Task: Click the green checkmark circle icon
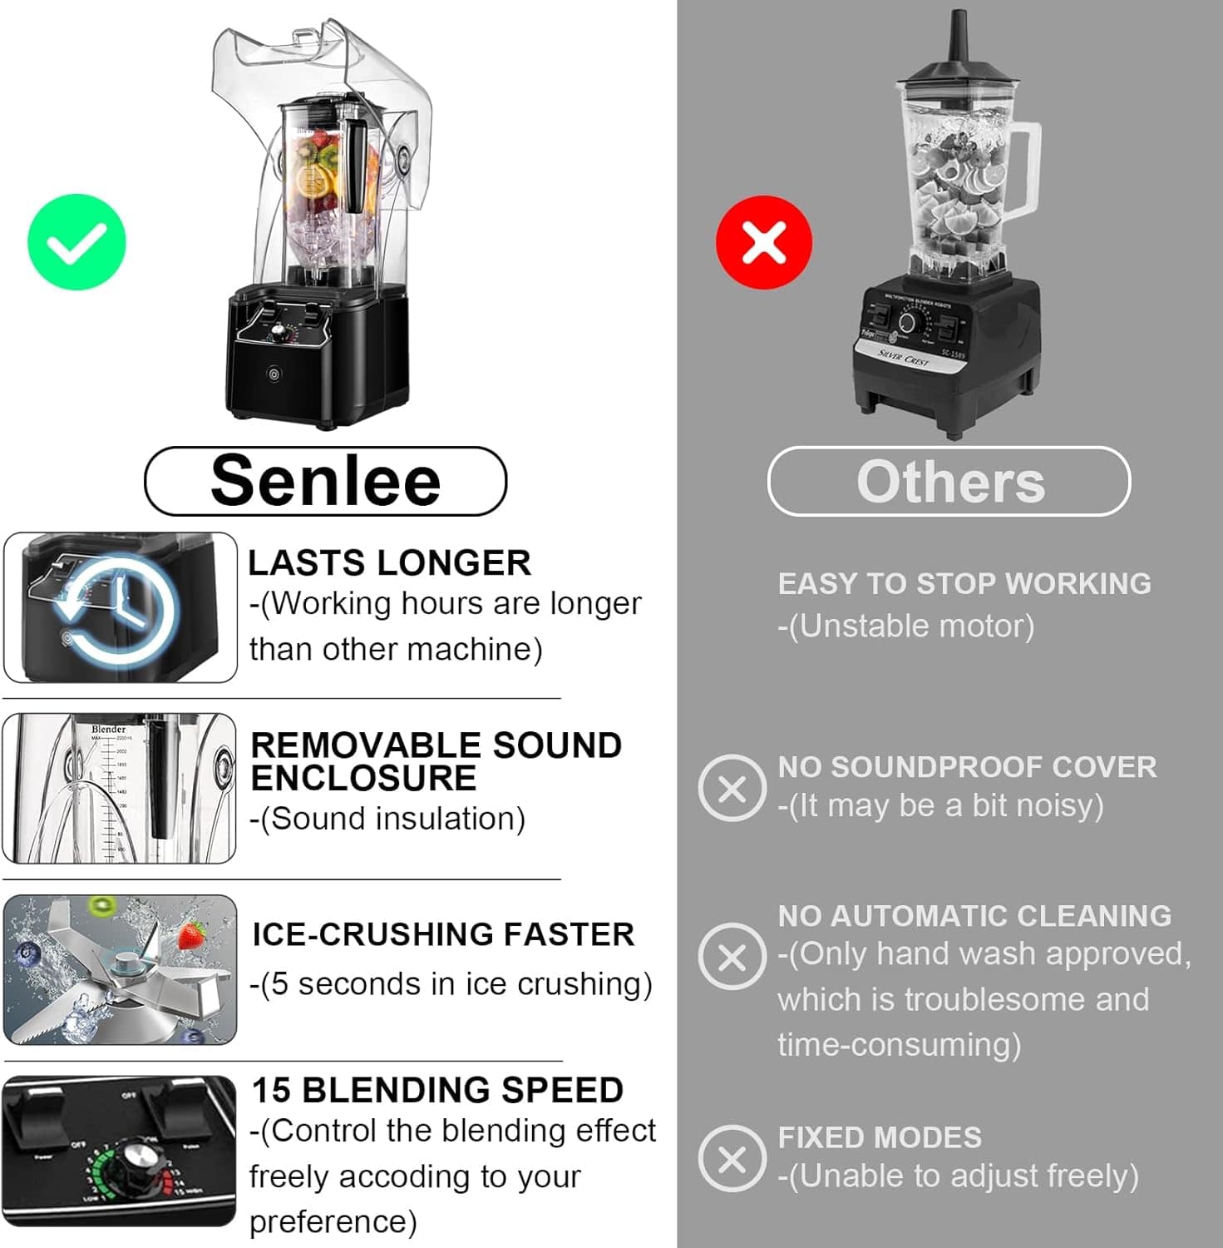point(76,242)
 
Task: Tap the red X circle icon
point(764,242)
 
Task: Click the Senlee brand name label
point(325,481)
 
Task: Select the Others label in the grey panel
point(949,482)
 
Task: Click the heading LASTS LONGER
point(389,563)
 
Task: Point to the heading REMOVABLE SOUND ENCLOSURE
point(436,761)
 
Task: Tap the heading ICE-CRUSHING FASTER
point(443,934)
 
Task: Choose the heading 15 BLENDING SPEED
point(437,1090)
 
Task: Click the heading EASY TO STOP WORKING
point(964,584)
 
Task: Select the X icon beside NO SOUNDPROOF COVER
point(732,788)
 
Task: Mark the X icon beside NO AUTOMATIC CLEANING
point(732,956)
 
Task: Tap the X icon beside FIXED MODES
point(732,1157)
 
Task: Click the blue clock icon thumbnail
point(121,608)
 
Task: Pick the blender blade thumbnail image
point(121,970)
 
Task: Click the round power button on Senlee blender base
point(274,374)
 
